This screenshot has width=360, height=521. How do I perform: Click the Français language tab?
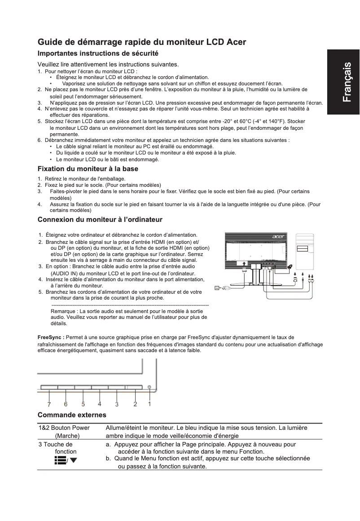pyautogui.click(x=343, y=82)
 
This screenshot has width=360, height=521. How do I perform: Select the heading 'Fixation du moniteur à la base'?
pyautogui.click(x=88, y=169)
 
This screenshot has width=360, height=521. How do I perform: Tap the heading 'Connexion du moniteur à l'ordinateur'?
pyautogui.click(x=100, y=220)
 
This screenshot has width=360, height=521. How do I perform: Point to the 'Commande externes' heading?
pyautogui.click(x=72, y=415)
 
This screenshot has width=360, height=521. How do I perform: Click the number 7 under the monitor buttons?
pyautogui.click(x=49, y=404)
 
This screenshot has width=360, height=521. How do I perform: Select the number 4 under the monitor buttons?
pyautogui.click(x=100, y=403)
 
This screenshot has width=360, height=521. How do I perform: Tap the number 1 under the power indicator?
pyautogui.click(x=149, y=403)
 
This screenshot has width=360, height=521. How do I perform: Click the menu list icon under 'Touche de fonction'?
pyautogui.click(x=60, y=460)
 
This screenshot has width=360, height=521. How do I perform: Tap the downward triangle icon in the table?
pyautogui.click(x=73, y=460)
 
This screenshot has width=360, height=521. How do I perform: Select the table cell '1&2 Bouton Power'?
pyautogui.click(x=64, y=428)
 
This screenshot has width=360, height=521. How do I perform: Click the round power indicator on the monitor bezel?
pyautogui.click(x=149, y=387)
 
